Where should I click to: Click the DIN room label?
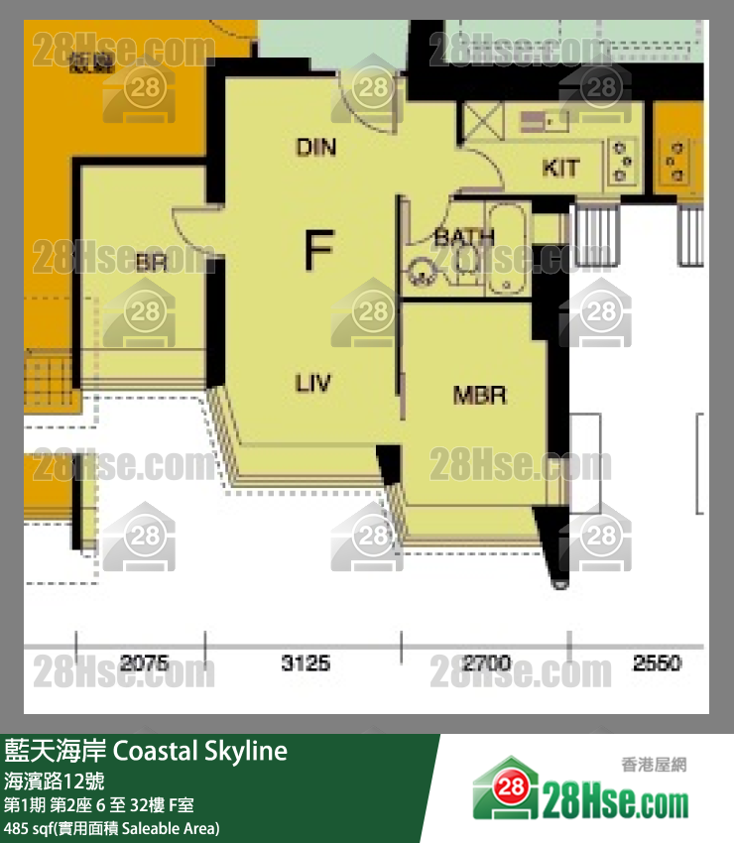[316, 148]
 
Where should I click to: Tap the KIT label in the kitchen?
[560, 168]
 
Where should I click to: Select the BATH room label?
[463, 238]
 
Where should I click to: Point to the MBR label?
[480, 396]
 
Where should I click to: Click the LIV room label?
[313, 383]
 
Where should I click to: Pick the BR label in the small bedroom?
[151, 263]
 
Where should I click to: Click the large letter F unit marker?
[317, 249]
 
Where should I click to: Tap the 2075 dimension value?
[144, 662]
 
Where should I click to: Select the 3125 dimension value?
[306, 662]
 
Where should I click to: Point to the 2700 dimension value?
[486, 662]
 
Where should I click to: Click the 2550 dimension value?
[657, 662]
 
